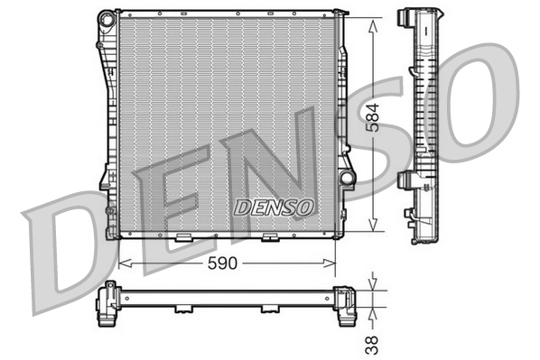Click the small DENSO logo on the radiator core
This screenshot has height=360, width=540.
point(275,207)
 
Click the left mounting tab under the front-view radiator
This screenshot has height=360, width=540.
point(182,238)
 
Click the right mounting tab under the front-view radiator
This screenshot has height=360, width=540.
point(269,238)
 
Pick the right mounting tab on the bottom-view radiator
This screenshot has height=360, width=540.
point(269,309)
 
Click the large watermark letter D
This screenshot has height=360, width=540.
point(68,253)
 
